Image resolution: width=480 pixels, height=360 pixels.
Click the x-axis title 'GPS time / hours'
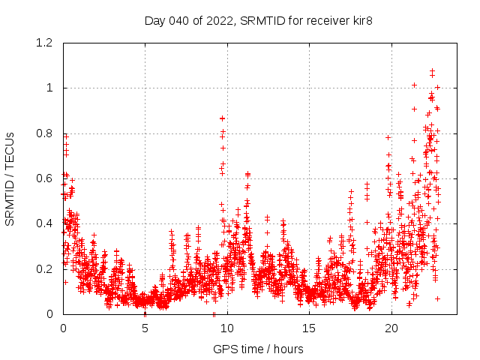pyautogui.click(x=258, y=349)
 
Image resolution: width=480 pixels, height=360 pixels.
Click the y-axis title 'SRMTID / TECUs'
pyautogui.click(x=10, y=178)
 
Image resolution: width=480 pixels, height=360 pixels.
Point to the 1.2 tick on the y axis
pyautogui.click(x=45, y=43)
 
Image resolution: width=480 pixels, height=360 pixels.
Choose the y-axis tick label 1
pyautogui.click(x=49, y=88)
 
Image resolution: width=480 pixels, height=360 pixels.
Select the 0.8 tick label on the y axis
pyautogui.click(x=45, y=133)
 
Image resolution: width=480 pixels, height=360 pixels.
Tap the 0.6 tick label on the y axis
pyautogui.click(x=45, y=178)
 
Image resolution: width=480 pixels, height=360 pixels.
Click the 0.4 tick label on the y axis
pyautogui.click(x=45, y=223)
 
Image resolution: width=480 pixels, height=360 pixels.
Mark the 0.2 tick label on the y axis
pyautogui.click(x=45, y=268)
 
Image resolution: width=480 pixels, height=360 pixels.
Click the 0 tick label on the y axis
pyautogui.click(x=49, y=313)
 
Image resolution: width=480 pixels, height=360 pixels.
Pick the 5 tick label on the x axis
pyautogui.click(x=145, y=328)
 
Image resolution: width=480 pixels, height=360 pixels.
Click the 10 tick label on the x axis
pyautogui.click(x=227, y=328)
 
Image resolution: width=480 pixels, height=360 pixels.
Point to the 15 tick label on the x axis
pyautogui.click(x=309, y=328)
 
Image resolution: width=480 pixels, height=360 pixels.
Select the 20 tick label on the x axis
pyautogui.click(x=391, y=328)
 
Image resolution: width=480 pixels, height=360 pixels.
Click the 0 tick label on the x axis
pyautogui.click(x=63, y=328)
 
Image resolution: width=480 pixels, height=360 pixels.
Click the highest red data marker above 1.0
pyautogui.click(x=432, y=71)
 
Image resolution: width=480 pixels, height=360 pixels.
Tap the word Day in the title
pyautogui.click(x=154, y=20)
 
